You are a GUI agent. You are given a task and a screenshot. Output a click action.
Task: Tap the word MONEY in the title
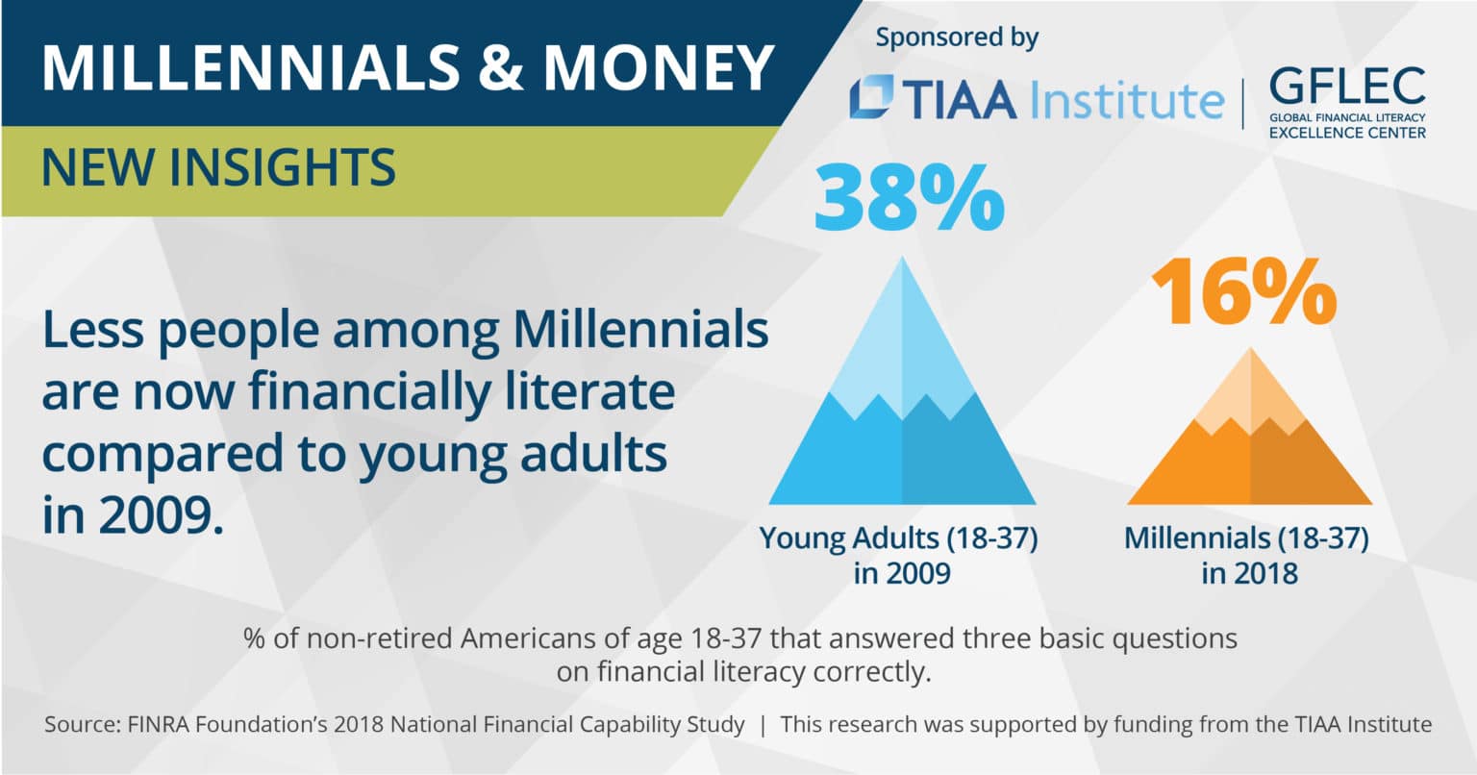pyautogui.click(x=658, y=65)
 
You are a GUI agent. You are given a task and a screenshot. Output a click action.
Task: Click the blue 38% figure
pyautogui.click(x=908, y=200)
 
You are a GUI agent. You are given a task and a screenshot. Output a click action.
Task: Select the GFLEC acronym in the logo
pyautogui.click(x=1347, y=87)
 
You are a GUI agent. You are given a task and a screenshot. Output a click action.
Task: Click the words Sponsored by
pyautogui.click(x=957, y=38)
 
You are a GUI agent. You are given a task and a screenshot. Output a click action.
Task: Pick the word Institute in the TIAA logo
pyautogui.click(x=1126, y=100)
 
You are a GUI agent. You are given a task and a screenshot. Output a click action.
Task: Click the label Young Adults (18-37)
pyautogui.click(x=899, y=537)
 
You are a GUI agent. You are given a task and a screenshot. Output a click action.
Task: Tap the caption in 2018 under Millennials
pyautogui.click(x=1249, y=574)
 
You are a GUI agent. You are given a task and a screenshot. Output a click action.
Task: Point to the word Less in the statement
pyautogui.click(x=92, y=331)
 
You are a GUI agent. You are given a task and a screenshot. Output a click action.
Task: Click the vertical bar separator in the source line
pyautogui.click(x=763, y=725)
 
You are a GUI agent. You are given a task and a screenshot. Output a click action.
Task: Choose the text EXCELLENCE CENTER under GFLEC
pyautogui.click(x=1347, y=133)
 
